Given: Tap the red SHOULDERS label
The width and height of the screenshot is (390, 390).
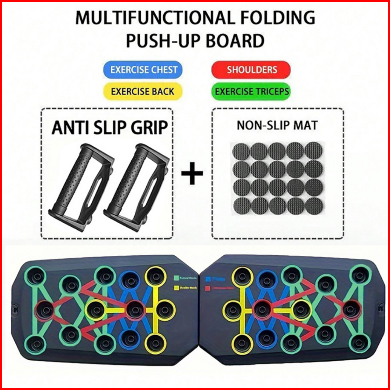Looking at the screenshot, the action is tap(252, 70).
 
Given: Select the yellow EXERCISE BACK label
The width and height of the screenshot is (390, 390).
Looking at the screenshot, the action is tap(142, 91).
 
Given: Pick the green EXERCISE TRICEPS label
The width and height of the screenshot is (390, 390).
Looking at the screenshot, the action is tap(252, 91).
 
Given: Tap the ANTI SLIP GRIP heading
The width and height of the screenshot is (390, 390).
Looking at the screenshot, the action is tap(109, 127).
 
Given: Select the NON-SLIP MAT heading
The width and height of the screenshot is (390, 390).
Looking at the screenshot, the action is tap(277, 125).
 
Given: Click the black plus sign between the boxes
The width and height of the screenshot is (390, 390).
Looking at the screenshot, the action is tap(192, 174).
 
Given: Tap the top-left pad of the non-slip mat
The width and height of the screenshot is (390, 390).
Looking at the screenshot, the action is tap(241, 151).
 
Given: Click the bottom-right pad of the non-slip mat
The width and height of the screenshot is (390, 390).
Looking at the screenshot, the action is tap(314, 206).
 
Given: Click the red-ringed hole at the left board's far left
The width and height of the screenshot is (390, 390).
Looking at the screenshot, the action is tap(44, 310).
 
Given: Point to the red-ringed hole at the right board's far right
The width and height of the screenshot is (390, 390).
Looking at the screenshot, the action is tap(351, 309).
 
